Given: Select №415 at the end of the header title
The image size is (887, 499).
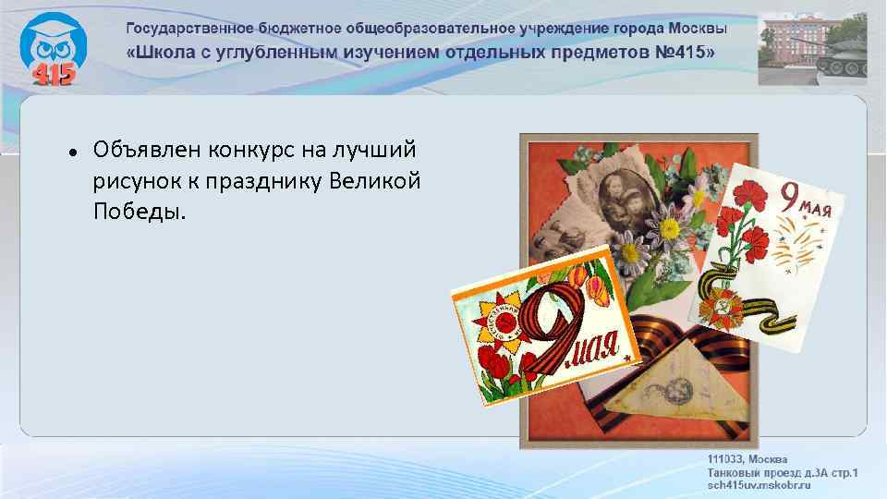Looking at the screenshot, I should click(684, 50).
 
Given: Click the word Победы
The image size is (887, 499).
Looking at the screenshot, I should click(139, 212).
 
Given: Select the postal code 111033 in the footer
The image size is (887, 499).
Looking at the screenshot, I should click(726, 459).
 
